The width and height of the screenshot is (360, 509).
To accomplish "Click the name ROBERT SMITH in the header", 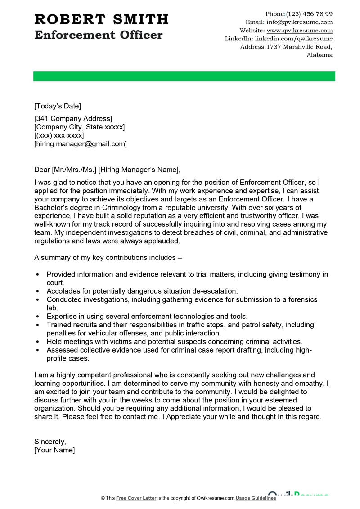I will click(x=101, y=19).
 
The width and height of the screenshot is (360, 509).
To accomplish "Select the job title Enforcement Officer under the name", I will click(x=98, y=35).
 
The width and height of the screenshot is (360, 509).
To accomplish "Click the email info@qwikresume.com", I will click(x=299, y=22).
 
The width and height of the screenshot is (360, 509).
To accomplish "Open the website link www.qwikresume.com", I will click(x=299, y=31).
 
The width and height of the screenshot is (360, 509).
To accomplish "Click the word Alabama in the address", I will click(x=319, y=55).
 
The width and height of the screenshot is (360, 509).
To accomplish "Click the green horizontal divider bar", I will click(x=184, y=76).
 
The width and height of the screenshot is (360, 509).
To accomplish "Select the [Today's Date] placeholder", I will click(x=58, y=106).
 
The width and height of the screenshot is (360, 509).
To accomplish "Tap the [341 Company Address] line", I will click(x=73, y=119).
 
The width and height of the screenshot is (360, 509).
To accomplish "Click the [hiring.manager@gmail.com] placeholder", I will click(x=81, y=144).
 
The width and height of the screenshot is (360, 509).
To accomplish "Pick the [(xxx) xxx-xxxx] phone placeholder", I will click(x=59, y=135).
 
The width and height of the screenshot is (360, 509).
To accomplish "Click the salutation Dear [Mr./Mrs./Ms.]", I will click(x=65, y=170).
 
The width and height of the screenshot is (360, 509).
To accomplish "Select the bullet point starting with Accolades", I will click(x=142, y=291).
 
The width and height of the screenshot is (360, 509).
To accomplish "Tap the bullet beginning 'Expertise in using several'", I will click(x=147, y=316).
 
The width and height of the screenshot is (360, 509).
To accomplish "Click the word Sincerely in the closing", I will click(x=49, y=442).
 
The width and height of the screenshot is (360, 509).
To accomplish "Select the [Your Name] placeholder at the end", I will click(x=54, y=450).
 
